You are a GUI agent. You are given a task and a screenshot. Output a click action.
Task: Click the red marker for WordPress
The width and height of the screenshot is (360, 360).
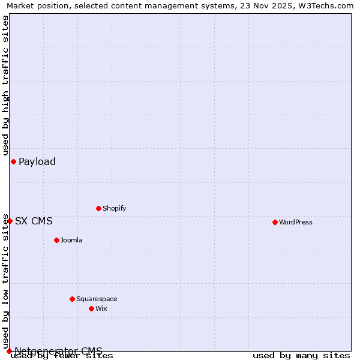pyautogui.click(x=275, y=222)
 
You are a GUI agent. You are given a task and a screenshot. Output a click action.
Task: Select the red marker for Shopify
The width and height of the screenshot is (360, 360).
pyautogui.click(x=98, y=208)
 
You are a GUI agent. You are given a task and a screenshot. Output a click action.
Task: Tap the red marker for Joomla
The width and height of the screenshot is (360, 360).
pyautogui.click(x=56, y=240)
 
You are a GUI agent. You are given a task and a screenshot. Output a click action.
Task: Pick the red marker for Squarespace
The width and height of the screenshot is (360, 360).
pyautogui.click(x=72, y=299)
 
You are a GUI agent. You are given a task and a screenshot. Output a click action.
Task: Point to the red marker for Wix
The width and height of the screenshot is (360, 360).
pyautogui.click(x=91, y=308)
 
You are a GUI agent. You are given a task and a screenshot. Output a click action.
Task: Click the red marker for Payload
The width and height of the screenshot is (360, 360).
pyautogui.click(x=13, y=161)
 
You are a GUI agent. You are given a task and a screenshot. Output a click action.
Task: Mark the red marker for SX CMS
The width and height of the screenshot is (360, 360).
pyautogui.click(x=10, y=221)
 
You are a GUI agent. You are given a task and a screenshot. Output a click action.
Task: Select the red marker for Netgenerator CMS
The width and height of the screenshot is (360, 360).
pyautogui.click(x=9, y=351)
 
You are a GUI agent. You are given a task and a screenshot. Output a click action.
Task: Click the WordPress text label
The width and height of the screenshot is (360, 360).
pyautogui.click(x=296, y=222)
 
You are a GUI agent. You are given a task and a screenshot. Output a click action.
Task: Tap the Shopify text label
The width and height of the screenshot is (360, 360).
pyautogui.click(x=115, y=208)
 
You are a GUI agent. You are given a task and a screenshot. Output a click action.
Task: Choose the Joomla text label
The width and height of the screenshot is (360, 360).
pyautogui.click(x=71, y=240)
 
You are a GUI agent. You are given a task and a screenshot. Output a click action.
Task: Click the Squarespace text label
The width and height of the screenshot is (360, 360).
pyautogui.click(x=97, y=299)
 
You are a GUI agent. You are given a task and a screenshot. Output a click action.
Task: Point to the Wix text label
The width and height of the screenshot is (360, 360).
pyautogui.click(x=101, y=308)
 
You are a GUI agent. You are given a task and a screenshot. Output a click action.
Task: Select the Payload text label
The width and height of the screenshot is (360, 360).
pyautogui.click(x=37, y=161)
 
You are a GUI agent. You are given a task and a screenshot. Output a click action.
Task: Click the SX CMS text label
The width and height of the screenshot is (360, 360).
pyautogui.click(x=34, y=221)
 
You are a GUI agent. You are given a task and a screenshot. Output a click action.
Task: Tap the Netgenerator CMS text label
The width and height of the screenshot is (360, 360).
pyautogui.click(x=58, y=351)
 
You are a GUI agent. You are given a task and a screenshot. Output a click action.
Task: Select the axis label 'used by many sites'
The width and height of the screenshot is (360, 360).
pyautogui.click(x=301, y=355)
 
